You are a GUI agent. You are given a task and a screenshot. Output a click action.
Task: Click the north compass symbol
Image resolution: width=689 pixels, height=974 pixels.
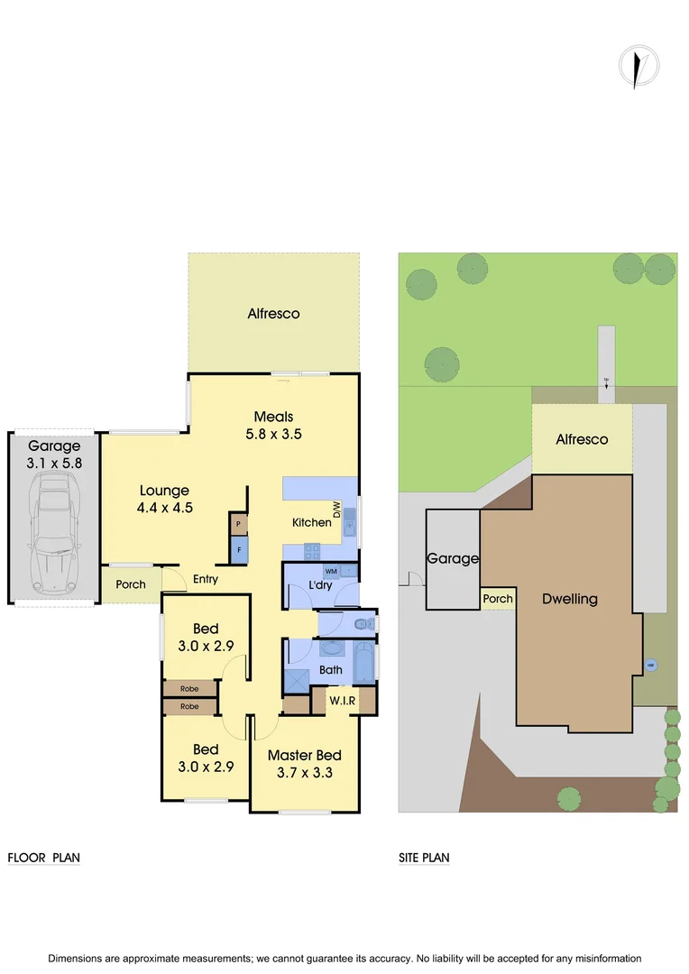pyautogui.click(x=638, y=68)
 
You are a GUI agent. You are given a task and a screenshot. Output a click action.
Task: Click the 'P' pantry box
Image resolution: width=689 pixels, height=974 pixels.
pyautogui.click(x=239, y=524)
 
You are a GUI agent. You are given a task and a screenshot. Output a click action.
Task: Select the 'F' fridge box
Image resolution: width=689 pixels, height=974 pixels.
pyautogui.click(x=239, y=549)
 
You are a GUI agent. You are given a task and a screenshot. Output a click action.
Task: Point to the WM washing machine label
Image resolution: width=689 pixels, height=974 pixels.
pyautogui.click(x=330, y=572)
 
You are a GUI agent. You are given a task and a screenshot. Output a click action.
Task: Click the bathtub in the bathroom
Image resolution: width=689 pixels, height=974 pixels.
pyautogui.click(x=364, y=665)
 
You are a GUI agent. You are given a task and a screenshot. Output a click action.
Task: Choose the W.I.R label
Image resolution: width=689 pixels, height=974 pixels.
pyautogui.click(x=341, y=700)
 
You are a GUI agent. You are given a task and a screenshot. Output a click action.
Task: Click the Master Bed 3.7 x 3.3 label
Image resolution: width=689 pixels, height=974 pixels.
pyautogui.click(x=304, y=763)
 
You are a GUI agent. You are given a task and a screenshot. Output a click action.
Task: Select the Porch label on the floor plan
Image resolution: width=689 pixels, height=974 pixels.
pyautogui.click(x=131, y=584)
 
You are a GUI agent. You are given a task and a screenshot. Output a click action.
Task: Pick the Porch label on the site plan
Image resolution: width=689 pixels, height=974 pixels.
pyautogui.click(x=497, y=599)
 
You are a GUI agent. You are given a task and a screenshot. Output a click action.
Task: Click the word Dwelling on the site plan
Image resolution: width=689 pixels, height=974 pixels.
pyautogui.click(x=569, y=599)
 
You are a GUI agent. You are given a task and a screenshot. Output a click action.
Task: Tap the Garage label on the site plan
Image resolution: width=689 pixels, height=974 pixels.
pyautogui.click(x=452, y=558)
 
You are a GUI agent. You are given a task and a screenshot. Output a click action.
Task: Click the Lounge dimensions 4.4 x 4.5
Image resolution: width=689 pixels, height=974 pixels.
pyautogui.click(x=164, y=508)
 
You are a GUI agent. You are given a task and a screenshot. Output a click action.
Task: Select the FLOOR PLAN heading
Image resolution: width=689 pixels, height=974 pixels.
pyautogui.click(x=43, y=858)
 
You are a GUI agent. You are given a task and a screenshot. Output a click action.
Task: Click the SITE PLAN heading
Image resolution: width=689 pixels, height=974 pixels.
pyautogui.click(x=424, y=858)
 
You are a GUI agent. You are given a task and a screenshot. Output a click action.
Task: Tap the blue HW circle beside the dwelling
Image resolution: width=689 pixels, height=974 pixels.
pyautogui.click(x=651, y=666)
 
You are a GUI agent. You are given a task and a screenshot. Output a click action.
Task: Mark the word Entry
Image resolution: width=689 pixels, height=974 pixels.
pyautogui.click(x=206, y=579)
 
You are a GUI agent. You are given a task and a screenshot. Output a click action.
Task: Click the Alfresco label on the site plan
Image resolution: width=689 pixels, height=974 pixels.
pyautogui.click(x=582, y=439)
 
